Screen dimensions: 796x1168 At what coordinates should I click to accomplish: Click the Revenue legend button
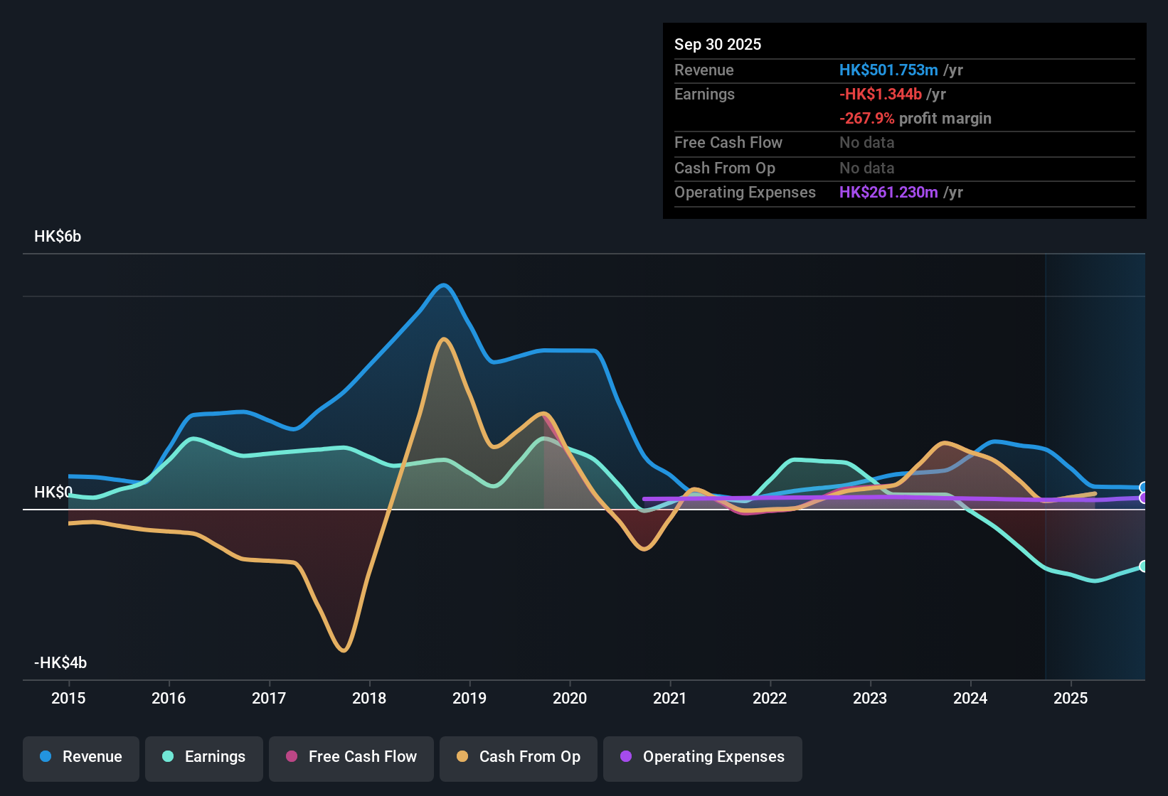(81, 757)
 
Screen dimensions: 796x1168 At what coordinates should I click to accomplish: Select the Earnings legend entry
(204, 757)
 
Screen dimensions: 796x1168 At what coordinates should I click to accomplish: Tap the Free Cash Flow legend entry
(351, 757)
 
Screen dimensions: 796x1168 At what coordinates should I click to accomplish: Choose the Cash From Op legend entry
(519, 757)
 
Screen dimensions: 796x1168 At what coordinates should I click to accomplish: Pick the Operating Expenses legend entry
(703, 757)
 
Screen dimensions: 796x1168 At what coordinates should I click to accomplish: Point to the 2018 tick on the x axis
(369, 698)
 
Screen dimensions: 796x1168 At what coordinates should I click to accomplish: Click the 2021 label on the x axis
(669, 698)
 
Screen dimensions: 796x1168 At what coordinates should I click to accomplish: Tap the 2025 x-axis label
(1070, 698)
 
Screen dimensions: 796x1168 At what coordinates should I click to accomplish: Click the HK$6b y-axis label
(58, 237)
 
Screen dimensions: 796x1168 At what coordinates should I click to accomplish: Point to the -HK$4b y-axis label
(60, 663)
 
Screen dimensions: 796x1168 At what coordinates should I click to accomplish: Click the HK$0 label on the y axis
(53, 493)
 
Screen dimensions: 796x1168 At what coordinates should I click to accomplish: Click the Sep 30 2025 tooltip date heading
(717, 44)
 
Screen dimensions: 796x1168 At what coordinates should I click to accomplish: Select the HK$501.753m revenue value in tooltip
(888, 70)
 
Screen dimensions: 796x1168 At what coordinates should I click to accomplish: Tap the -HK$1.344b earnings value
(880, 94)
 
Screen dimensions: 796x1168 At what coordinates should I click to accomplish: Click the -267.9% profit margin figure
(866, 119)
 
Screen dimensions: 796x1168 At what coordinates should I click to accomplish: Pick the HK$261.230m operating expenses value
(888, 192)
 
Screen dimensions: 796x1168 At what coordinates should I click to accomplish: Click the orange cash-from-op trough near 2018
(344, 650)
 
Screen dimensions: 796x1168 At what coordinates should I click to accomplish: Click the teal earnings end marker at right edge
(1143, 566)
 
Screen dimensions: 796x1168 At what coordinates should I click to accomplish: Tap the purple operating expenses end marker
(1143, 498)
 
